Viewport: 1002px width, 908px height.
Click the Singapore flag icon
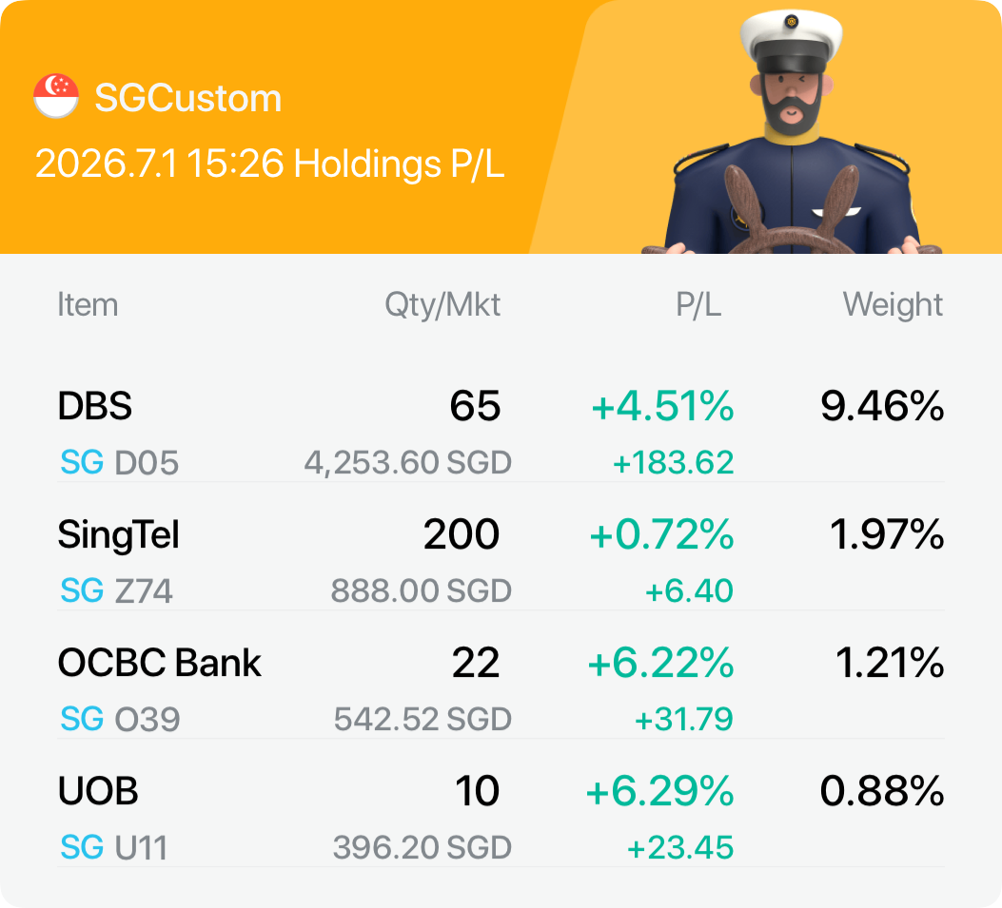56,96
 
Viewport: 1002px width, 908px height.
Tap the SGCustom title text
188,98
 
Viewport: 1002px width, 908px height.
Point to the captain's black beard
791,112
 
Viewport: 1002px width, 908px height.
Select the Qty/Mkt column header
442,305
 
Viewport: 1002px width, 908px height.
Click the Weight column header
893,304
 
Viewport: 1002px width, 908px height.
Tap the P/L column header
698,305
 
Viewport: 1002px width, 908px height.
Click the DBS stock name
94,406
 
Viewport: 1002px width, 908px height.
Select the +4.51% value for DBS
662,406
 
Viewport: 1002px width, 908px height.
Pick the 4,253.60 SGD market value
407,462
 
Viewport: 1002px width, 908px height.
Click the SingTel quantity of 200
462,534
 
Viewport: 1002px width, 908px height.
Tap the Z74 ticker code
144,590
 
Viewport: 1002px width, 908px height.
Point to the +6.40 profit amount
689,590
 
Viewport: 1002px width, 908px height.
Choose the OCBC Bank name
160,663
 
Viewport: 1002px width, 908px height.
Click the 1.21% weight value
890,663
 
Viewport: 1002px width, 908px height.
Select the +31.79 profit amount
684,719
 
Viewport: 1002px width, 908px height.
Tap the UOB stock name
98,791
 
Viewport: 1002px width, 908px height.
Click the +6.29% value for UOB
660,791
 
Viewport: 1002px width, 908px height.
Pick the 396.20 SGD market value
422,847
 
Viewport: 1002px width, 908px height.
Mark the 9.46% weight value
882,406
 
